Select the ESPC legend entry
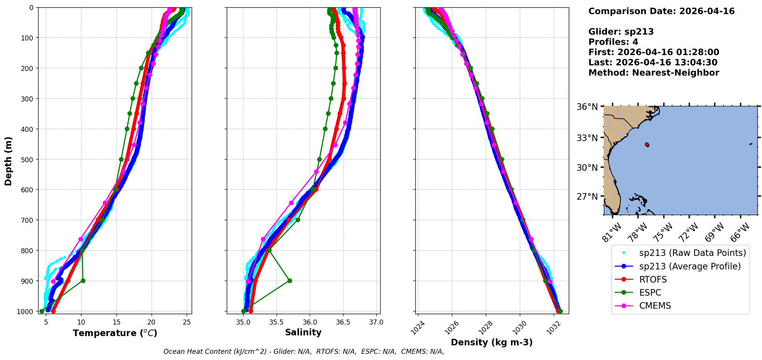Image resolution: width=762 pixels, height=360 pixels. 650,293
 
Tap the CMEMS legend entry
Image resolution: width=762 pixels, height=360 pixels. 655,306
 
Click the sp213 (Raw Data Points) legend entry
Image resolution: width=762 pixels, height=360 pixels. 693,253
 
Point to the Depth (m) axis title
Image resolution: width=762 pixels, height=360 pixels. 8,161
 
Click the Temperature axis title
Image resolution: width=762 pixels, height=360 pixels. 115,333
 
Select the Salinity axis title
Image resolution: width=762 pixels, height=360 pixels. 303,332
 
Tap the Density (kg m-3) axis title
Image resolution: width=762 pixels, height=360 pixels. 492,342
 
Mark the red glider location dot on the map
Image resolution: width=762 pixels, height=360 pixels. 647,145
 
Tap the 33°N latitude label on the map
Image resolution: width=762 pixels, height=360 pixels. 587,138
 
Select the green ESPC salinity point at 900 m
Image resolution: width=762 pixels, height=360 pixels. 290,281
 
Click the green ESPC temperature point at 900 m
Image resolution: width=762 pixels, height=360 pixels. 83,281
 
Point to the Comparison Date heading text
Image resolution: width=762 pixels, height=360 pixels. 661,11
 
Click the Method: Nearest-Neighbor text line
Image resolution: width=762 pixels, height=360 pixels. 654,72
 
